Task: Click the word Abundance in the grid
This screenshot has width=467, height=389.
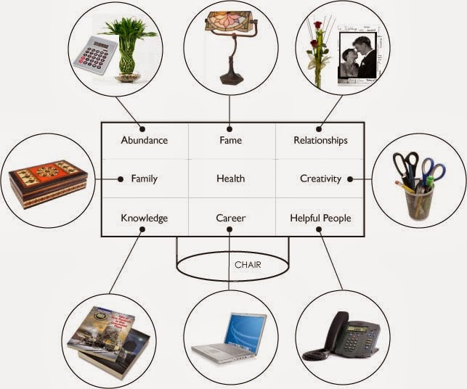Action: point(145,140)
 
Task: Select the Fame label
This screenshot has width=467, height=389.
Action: point(230,140)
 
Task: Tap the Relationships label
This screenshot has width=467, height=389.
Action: point(320,140)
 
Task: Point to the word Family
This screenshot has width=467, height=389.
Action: point(144,179)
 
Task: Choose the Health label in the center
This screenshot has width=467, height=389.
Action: point(230,179)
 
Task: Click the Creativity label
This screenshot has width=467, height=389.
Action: point(320,179)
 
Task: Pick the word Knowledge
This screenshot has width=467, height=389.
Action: point(145,218)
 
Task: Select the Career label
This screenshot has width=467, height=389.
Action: point(230,218)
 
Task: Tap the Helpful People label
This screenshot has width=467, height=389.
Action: point(320,218)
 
